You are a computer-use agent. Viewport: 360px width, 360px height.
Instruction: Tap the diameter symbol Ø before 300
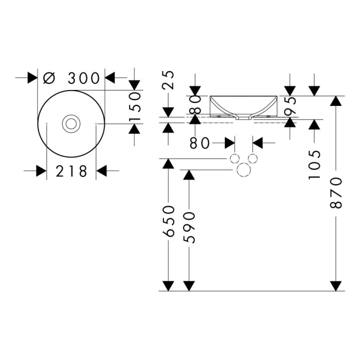(49, 78)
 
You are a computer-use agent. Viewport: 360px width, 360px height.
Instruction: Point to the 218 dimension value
(71, 171)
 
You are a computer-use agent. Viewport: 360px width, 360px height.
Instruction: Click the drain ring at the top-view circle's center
(71, 123)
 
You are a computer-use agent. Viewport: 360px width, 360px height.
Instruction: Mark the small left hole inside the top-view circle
(47, 124)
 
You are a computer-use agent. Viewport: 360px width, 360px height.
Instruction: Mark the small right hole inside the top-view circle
(96, 124)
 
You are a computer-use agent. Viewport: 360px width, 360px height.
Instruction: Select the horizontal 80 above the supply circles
(200, 143)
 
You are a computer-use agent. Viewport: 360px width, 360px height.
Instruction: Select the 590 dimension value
(189, 227)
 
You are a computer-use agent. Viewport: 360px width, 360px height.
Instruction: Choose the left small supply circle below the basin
(235, 158)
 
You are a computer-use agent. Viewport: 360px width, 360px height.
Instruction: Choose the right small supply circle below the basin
(253, 158)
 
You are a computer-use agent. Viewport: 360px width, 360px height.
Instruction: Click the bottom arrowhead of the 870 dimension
(336, 285)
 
